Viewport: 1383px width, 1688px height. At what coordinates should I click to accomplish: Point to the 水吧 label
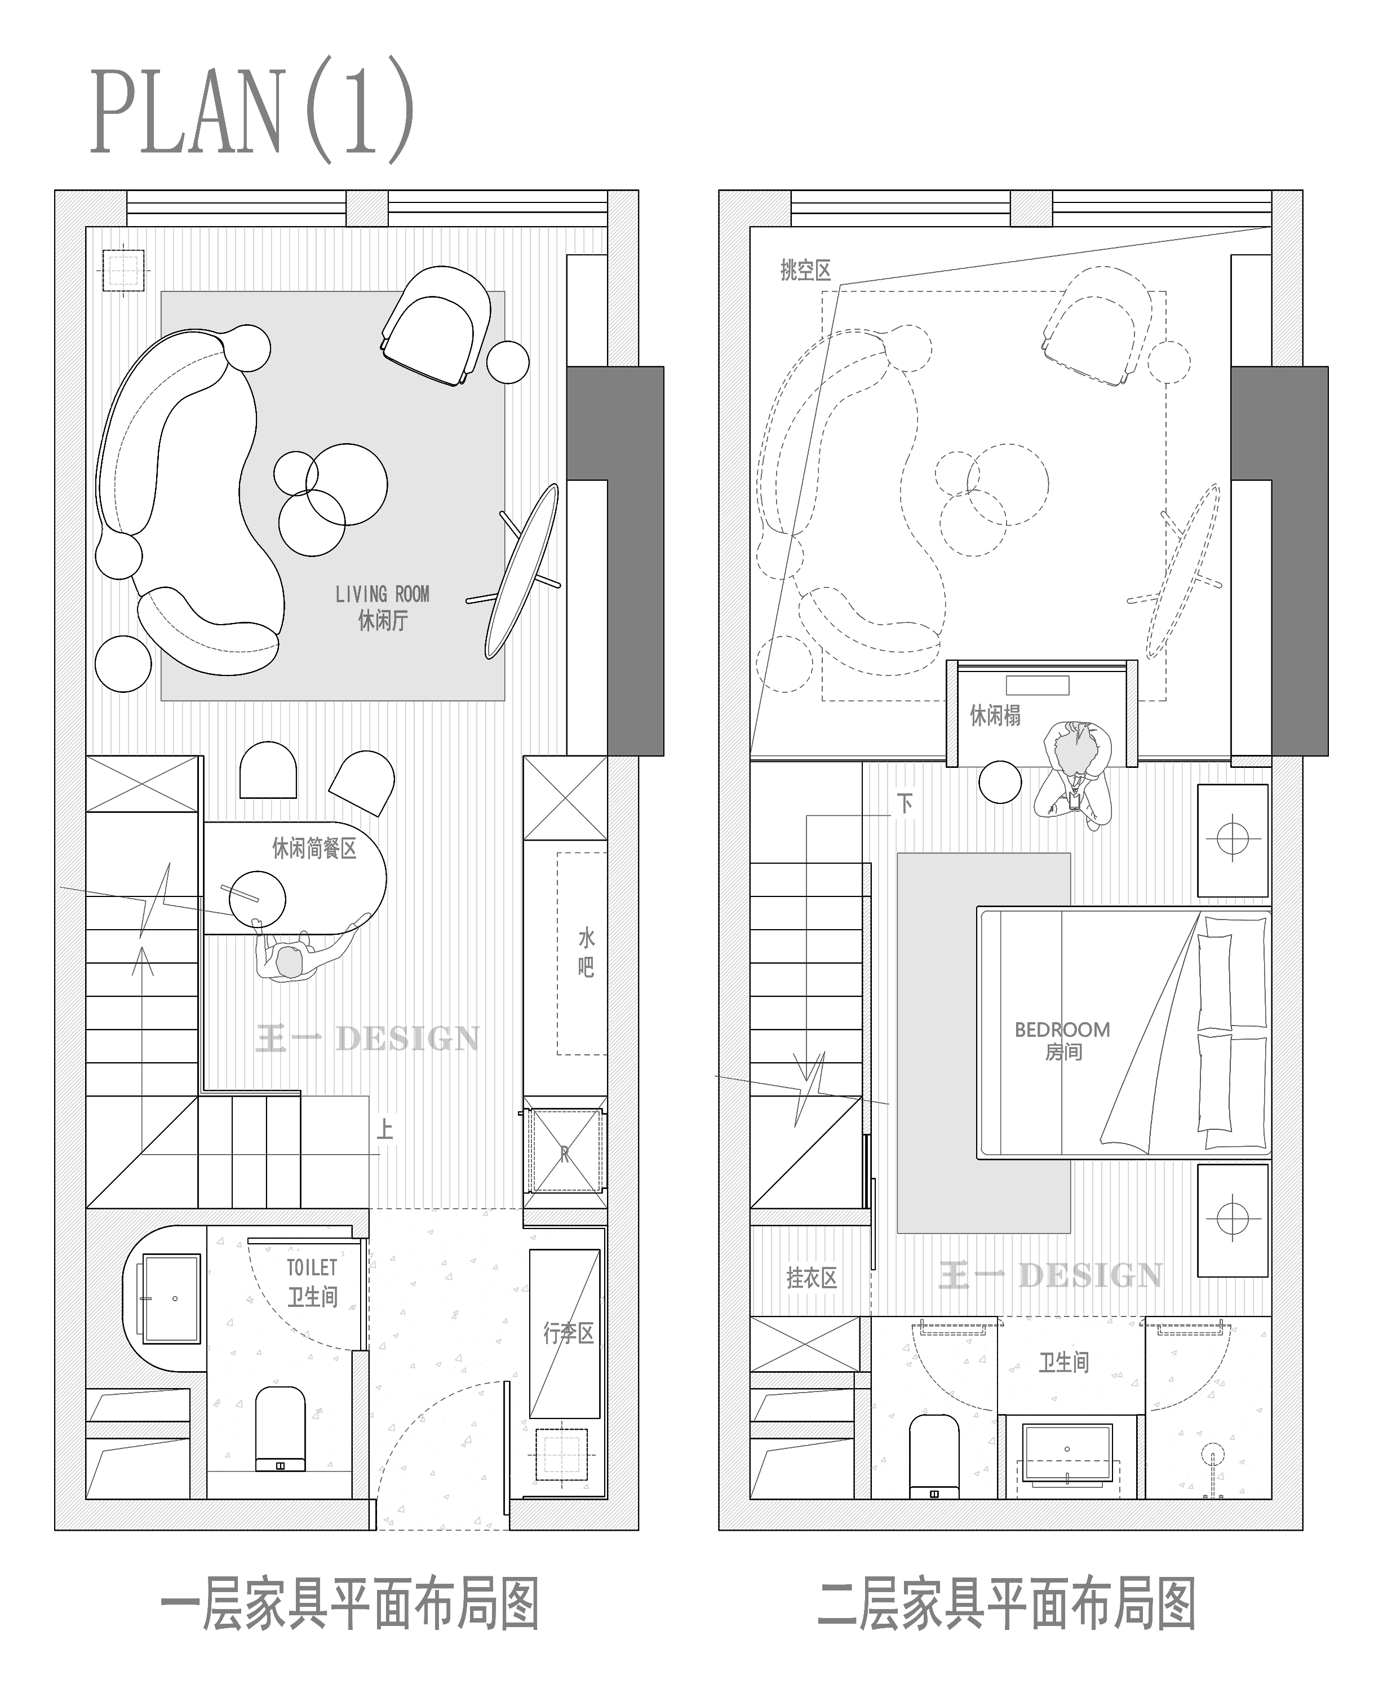point(586,952)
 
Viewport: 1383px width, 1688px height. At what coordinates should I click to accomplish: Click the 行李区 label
point(569,1333)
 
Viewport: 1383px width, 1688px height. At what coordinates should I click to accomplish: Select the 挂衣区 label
point(812,1278)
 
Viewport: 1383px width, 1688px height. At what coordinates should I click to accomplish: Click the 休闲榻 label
point(995,715)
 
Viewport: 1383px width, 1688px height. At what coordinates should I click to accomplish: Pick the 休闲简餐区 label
point(314,848)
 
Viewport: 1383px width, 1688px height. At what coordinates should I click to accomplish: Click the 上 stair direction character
point(385,1129)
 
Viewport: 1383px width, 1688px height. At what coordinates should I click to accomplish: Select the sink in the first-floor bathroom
point(171,1299)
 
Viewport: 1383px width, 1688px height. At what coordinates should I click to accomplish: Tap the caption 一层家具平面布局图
point(350,1605)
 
